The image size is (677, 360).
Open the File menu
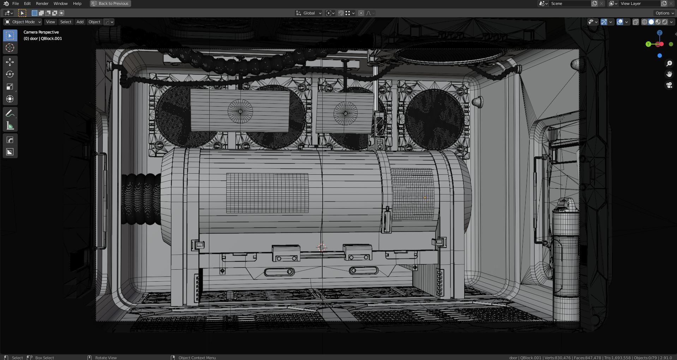16,4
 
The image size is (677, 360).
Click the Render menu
42,4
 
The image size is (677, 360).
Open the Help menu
77,4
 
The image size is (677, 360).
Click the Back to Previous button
110,4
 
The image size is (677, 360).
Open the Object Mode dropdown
23,22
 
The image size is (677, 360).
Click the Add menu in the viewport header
80,22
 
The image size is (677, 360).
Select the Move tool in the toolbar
10,62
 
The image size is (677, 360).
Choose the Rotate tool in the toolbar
10,74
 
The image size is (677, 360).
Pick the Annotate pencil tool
10,114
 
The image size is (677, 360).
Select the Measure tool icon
10,126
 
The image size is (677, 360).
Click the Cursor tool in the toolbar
10,48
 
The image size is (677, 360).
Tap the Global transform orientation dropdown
309,13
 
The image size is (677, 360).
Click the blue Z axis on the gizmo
659,33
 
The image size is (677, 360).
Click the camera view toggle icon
669,85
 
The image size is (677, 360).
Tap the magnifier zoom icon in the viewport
669,64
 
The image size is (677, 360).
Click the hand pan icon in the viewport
669,74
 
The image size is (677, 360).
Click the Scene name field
570,4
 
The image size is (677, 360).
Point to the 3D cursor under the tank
322,247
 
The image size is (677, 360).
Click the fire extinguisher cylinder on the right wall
565,261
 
